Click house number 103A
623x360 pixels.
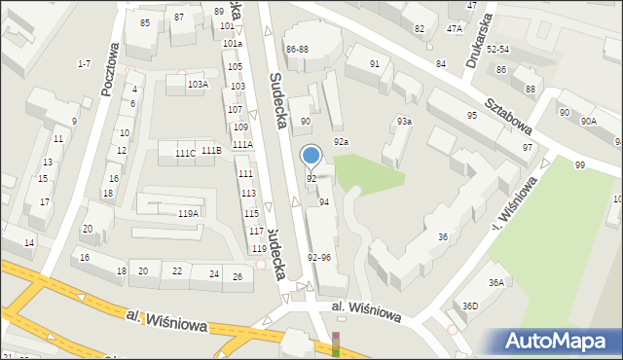198,85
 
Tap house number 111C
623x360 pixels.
185,154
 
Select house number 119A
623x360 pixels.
188,213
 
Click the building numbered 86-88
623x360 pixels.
297,49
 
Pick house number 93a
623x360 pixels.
403,121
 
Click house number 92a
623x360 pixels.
341,142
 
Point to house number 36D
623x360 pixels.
470,306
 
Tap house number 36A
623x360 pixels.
496,282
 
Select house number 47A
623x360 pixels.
455,29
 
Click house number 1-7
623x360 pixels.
84,63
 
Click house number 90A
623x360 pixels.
589,121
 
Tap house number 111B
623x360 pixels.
211,150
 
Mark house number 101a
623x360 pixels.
232,44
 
